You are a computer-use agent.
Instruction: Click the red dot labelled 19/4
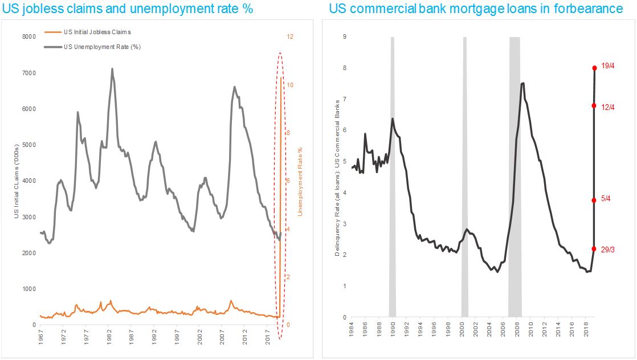[594, 67]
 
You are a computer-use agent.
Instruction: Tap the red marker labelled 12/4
[594, 105]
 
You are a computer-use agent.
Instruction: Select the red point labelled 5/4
[594, 200]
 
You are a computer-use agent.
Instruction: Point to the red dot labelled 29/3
[594, 249]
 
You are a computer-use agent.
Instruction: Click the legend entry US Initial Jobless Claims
[97, 32]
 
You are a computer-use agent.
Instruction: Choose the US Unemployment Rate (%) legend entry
[102, 47]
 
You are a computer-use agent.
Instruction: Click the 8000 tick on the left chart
[28, 36]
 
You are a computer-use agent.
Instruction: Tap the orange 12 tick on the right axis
[290, 36]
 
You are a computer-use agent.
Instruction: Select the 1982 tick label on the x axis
[109, 336]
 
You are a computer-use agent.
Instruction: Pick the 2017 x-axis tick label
[268, 336]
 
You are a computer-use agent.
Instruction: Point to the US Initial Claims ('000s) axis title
[17, 181]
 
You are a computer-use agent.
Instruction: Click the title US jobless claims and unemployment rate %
[128, 9]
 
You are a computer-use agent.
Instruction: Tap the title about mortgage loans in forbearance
[476, 9]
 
